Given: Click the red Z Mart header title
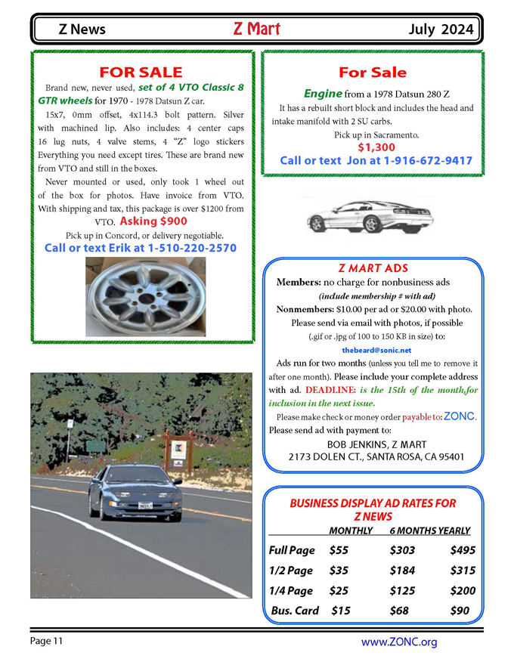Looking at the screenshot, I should pos(257,29).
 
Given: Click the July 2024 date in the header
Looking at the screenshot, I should pos(442,30).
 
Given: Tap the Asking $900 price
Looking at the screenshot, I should pos(153,221).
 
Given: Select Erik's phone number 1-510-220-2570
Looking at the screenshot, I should pos(192,248).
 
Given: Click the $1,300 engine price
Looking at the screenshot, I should pos(376,147).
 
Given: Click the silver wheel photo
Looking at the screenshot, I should pos(144,296).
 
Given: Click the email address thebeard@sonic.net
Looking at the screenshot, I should pos(376,351).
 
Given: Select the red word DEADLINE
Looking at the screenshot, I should pos(330,390).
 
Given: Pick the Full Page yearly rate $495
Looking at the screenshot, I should pos(463,550).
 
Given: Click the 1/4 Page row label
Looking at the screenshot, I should pos(290,591).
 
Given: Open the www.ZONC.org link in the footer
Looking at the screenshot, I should pos(399,642).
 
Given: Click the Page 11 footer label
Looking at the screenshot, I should pos(47,642).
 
